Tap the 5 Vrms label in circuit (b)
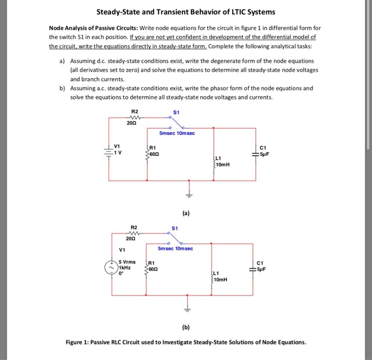click(127, 262)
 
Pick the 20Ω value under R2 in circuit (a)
click(131, 123)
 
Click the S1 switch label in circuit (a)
click(176, 113)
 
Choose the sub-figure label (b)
click(185, 326)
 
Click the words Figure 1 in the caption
click(79, 342)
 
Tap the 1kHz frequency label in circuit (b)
click(125, 267)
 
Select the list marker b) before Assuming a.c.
click(62, 89)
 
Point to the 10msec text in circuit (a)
click(186, 133)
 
